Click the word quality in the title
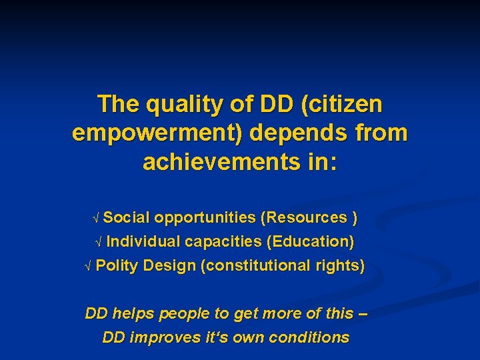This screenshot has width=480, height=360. [x=175, y=105]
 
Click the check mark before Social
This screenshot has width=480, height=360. [x=97, y=218]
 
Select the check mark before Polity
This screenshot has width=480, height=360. [x=89, y=266]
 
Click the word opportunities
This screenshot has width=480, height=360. [x=205, y=217]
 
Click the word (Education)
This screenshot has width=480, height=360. [x=310, y=241]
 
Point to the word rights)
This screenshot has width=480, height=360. [x=341, y=265]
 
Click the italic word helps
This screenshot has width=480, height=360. [x=131, y=313]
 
